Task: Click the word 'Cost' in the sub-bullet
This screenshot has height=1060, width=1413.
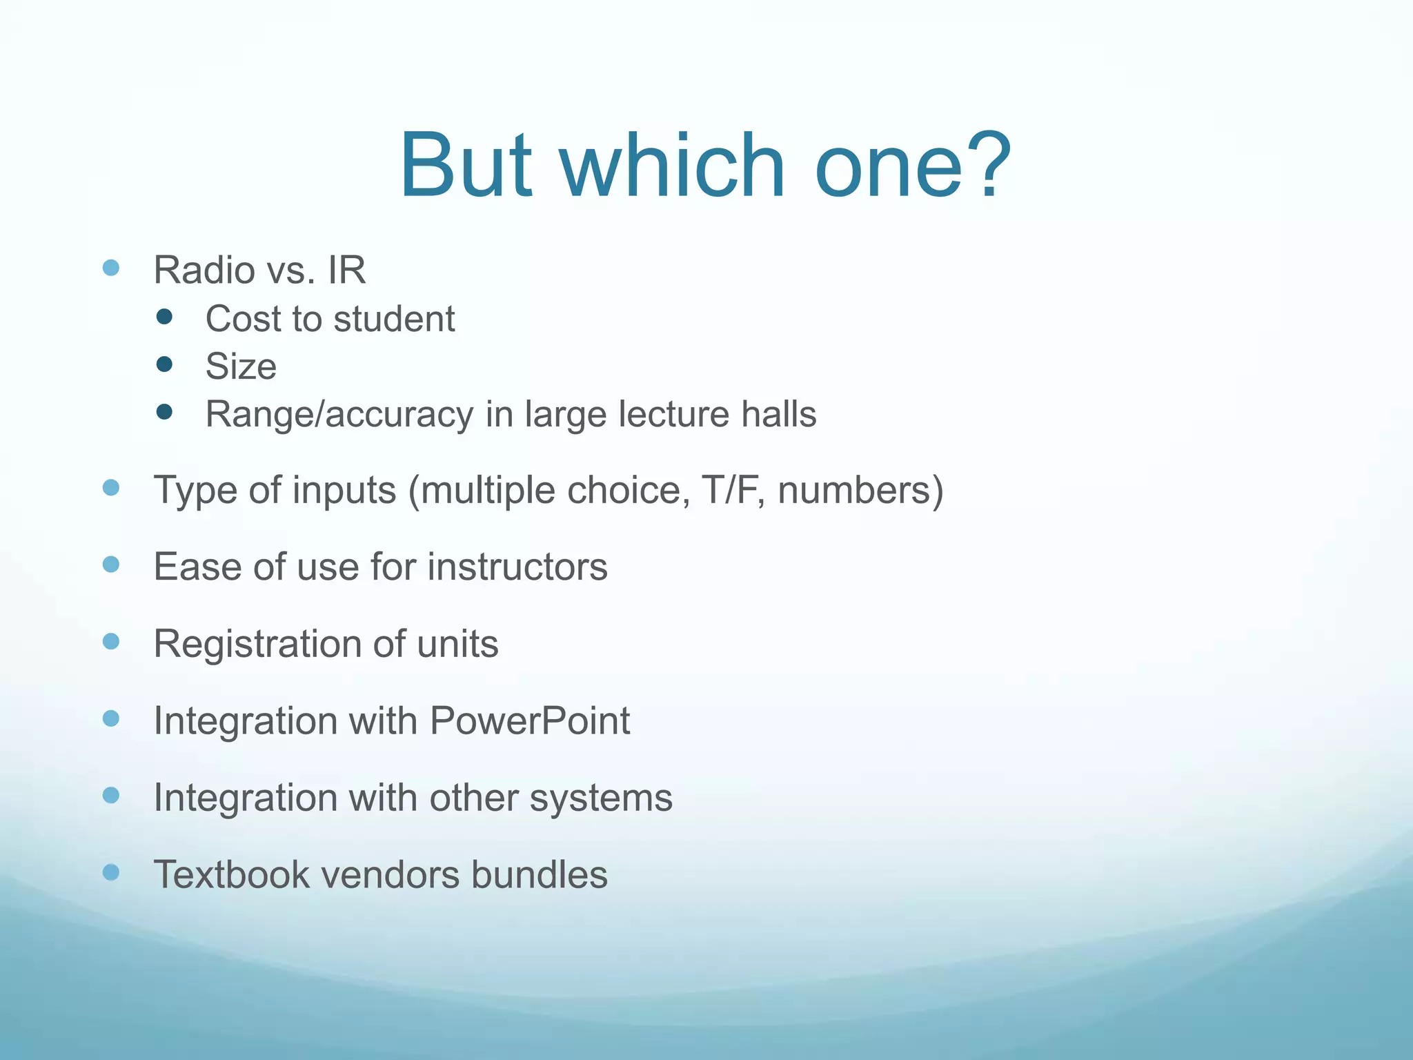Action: (x=241, y=319)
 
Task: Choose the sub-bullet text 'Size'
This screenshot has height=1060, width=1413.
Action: (x=241, y=366)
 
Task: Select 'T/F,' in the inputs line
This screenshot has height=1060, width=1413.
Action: (x=734, y=490)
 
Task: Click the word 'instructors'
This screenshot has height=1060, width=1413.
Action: (x=517, y=567)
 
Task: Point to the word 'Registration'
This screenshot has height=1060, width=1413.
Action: (x=256, y=644)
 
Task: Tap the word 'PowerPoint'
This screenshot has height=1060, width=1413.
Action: (x=530, y=720)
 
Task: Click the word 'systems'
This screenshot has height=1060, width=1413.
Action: (x=601, y=798)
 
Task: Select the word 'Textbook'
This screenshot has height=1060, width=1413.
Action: (x=231, y=874)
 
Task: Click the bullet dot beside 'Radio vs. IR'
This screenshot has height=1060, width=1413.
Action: (x=111, y=268)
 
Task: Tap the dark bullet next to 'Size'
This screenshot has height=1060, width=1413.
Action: (x=164, y=364)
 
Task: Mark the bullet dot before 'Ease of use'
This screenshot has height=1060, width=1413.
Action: (x=111, y=565)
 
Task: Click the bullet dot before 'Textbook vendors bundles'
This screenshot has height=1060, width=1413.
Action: (x=111, y=872)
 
